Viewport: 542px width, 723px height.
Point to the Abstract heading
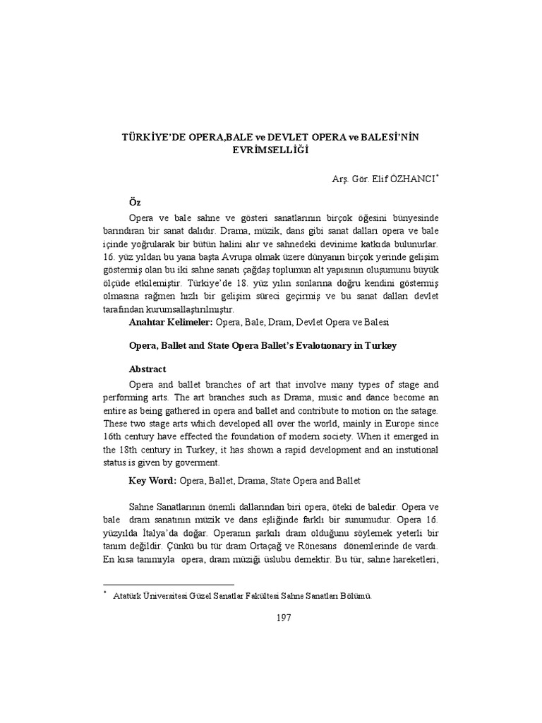(x=147, y=369)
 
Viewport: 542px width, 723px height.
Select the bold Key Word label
(x=152, y=481)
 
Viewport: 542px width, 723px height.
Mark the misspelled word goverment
(x=197, y=462)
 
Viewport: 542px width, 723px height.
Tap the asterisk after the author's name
(x=438, y=176)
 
